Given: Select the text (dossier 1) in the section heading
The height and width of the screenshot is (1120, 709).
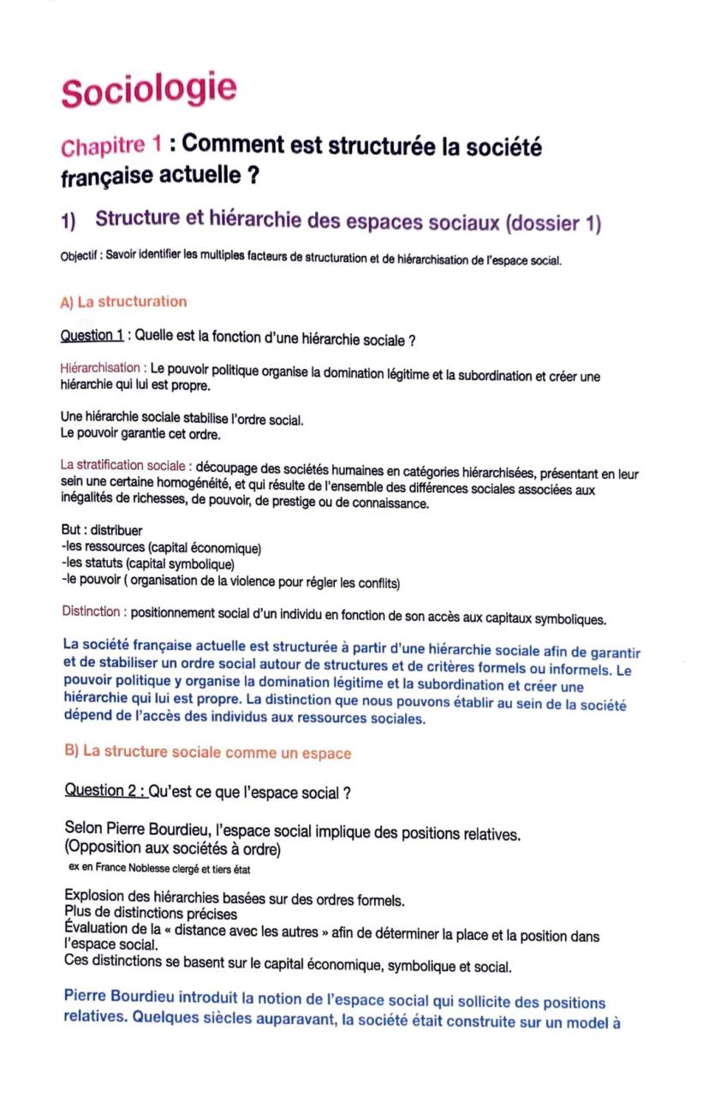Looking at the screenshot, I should point(554,224).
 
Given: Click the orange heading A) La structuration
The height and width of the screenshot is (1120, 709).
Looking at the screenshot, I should point(123,301).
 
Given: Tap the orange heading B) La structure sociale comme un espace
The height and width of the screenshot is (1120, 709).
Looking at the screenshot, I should point(208,753).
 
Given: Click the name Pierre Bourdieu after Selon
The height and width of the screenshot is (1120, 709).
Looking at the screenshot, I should point(151,832).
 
